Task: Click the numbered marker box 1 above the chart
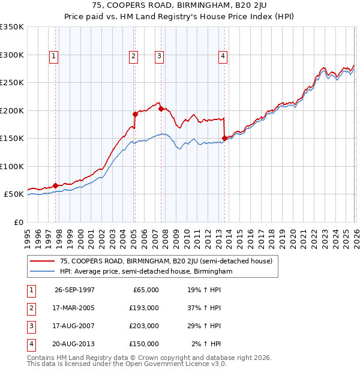click(53, 56)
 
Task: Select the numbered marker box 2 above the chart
click(133, 56)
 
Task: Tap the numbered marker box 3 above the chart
click(159, 56)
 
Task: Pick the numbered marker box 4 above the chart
click(223, 56)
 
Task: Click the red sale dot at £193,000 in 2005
click(135, 114)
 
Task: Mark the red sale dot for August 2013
click(224, 138)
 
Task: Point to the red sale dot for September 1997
click(56, 185)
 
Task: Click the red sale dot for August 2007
click(161, 109)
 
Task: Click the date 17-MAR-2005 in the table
click(74, 308)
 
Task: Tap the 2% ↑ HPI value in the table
click(206, 344)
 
